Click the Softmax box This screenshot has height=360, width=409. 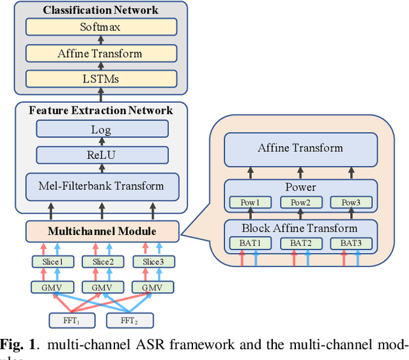coord(100,27)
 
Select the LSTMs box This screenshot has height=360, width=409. coord(100,79)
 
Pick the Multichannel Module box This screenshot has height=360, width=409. coord(101,230)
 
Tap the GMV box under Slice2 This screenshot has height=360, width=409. coord(102,288)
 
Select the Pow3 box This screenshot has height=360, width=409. coord(350,202)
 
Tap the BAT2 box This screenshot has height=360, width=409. coord(300,243)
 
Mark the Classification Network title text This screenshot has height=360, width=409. coord(100,10)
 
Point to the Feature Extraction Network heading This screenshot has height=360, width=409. coord(100,110)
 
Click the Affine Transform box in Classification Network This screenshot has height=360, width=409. coord(100,53)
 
